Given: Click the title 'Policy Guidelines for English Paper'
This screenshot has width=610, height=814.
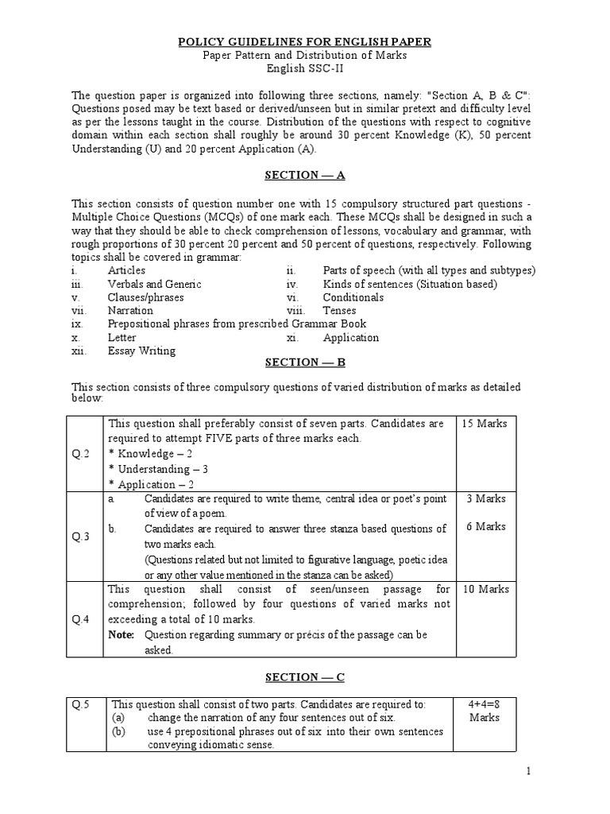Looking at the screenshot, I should (304, 42).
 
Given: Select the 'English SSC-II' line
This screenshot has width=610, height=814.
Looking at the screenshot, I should (304, 69).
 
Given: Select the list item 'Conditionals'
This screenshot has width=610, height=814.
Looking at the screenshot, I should (353, 297).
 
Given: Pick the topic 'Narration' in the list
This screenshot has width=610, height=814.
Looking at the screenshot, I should (130, 311).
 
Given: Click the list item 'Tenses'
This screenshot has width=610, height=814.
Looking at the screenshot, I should (339, 311).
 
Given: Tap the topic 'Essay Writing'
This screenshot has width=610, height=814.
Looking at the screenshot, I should (141, 351).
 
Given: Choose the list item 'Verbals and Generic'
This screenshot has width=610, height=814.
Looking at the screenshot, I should (154, 284).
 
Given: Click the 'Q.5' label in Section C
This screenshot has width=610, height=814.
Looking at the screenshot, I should (84, 704).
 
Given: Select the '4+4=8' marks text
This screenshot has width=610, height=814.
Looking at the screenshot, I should (485, 704).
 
